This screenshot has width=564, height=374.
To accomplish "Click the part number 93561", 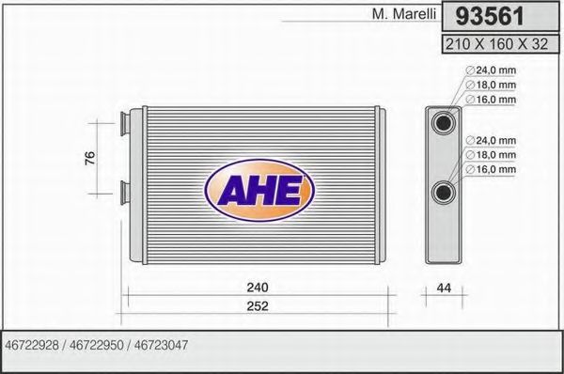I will click(x=491, y=17).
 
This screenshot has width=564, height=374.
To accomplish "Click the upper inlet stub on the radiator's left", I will click(x=123, y=120).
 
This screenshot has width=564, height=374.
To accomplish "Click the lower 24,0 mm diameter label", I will click(x=494, y=141).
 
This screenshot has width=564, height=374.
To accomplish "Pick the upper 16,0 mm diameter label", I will click(x=494, y=99).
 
